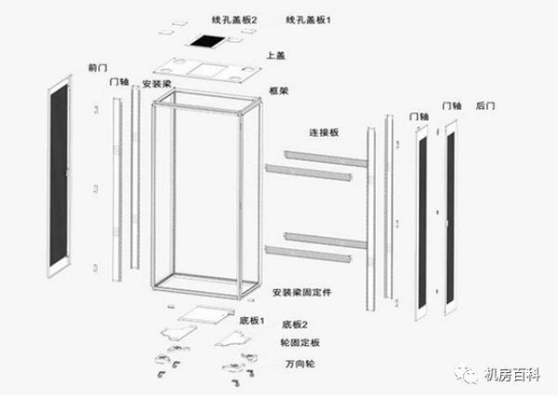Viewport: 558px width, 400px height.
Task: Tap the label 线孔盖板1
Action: pos(309,19)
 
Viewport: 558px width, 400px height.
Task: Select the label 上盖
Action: pos(276,57)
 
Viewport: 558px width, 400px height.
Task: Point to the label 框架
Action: pos(278,90)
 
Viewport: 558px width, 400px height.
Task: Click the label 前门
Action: pos(98,66)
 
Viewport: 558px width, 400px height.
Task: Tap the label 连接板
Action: pos(323,133)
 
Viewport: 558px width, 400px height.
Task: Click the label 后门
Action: pos(486,105)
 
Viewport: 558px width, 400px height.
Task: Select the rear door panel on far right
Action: pos(452,216)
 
